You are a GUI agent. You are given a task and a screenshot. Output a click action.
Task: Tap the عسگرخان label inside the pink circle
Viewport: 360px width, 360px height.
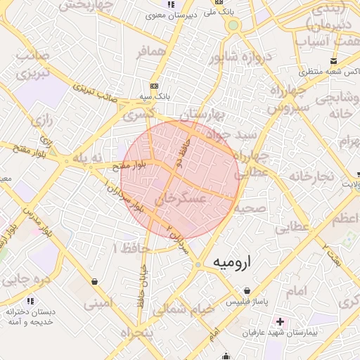(183, 200)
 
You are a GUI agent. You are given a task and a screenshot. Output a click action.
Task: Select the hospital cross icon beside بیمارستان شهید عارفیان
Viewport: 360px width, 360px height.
(281, 321)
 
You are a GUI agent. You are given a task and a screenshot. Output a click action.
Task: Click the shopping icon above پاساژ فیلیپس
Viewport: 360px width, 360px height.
(247, 290)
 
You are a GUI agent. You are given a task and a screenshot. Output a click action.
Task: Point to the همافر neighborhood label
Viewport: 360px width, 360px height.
(152, 52)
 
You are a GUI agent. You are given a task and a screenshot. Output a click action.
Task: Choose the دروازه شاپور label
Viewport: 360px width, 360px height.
(238, 57)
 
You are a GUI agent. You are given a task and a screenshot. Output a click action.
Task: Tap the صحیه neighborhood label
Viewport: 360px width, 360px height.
(250, 209)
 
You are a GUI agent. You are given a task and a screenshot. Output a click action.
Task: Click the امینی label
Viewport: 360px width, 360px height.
(98, 304)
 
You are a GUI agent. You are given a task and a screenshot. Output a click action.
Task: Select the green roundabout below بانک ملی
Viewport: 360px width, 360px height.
(233, 26)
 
